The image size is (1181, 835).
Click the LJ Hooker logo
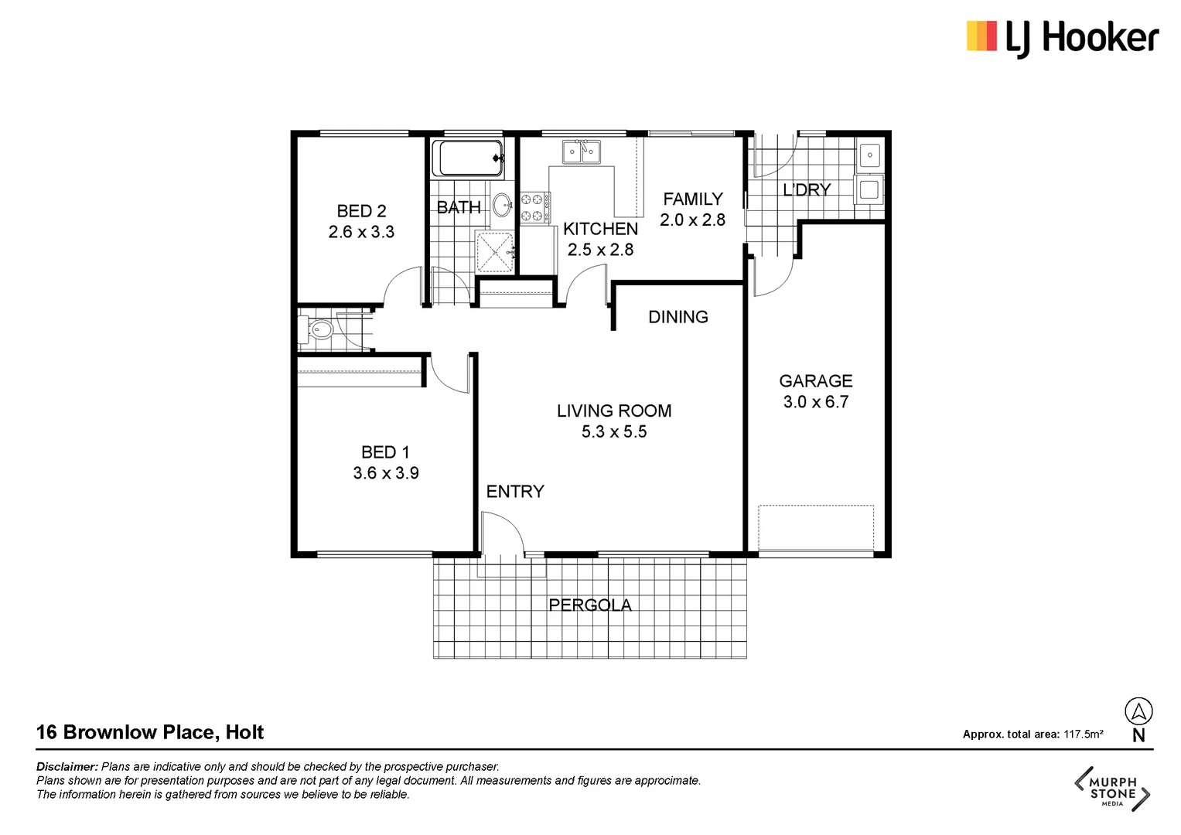click(x=1062, y=38)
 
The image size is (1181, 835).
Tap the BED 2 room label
click(x=361, y=211)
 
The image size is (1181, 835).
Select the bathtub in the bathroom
click(x=467, y=158)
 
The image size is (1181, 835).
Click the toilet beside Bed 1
click(x=319, y=331)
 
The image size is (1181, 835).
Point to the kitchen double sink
click(x=581, y=152)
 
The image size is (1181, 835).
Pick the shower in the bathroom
click(x=495, y=252)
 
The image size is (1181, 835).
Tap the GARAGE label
click(x=815, y=381)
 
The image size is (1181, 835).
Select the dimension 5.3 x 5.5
click(x=614, y=432)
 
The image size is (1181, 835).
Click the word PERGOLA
click(x=590, y=605)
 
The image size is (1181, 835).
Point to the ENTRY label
click(x=515, y=492)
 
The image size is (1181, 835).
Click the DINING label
click(x=678, y=317)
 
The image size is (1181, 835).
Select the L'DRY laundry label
click(x=807, y=190)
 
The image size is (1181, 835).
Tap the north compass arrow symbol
click(x=1138, y=711)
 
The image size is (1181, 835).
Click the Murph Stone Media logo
click(x=1112, y=789)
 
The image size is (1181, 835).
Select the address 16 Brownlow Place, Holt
click(x=150, y=732)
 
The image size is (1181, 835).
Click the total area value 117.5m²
click(x=1083, y=734)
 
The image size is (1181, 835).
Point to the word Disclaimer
click(x=67, y=767)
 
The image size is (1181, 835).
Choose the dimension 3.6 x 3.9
click(x=386, y=473)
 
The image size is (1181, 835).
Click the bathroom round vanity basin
click(x=502, y=205)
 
